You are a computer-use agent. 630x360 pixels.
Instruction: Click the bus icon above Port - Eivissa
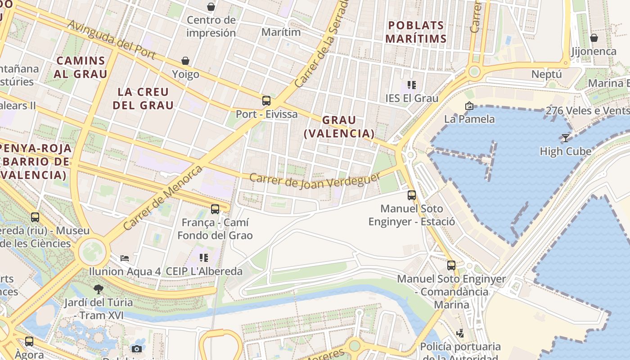tap(266, 101)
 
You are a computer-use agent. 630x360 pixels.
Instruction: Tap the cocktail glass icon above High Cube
tap(566, 138)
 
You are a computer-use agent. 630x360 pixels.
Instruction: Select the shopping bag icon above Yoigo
tap(185, 61)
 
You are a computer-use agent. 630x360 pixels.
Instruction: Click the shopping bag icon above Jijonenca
tap(594, 38)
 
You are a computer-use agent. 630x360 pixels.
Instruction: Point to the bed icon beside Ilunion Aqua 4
tap(125, 258)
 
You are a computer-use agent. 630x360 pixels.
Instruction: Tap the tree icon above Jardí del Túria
tap(99, 289)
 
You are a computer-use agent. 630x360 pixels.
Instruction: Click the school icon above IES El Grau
tap(411, 85)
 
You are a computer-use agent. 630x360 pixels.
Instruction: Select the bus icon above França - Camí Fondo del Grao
tap(215, 209)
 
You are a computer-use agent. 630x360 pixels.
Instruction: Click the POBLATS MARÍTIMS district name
tap(416, 32)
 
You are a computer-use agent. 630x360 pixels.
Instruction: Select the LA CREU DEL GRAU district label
tap(143, 99)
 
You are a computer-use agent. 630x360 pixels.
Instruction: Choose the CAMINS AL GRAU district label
tap(81, 67)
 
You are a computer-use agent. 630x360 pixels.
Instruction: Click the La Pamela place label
tap(469, 119)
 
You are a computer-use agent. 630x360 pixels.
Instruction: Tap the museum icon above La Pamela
tap(469, 106)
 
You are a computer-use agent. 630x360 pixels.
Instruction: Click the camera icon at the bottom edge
tap(137, 349)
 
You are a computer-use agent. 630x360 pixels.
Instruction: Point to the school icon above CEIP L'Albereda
tap(204, 258)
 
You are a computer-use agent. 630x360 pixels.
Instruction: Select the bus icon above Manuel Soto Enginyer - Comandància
tap(451, 265)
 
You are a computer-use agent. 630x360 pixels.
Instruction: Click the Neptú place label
tap(547, 74)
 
